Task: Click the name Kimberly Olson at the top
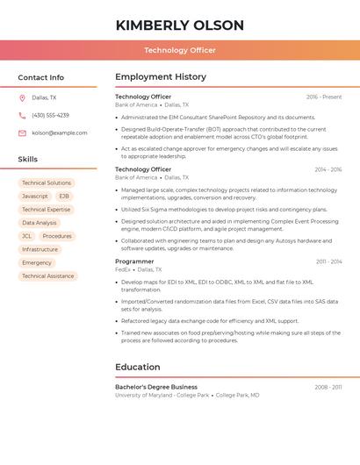pos(179,24)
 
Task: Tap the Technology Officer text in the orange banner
pos(179,50)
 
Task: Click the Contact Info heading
pos(41,77)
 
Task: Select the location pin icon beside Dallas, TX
pos(22,97)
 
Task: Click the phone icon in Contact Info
pos(22,115)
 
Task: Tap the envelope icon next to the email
pos(22,132)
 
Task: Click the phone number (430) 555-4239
pos(50,115)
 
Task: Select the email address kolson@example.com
pos(59,132)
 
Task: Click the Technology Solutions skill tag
pos(47,182)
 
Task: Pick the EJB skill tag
pos(64,196)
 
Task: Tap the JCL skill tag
pos(26,236)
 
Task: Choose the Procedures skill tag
pos(57,236)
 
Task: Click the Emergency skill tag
pos(37,262)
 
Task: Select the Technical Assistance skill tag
pos(47,275)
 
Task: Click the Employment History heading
pos(161,77)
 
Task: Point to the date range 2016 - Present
pos(324,97)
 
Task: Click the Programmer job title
pos(134,261)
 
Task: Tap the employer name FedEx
pos(122,269)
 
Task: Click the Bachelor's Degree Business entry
pos(156,387)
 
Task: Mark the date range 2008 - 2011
pos(328,387)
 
